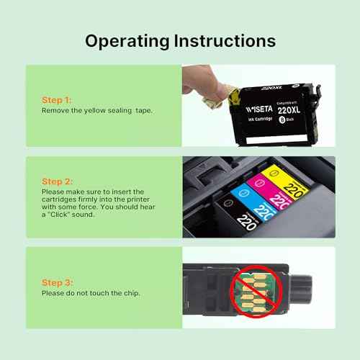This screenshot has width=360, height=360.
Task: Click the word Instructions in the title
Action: click(223, 41)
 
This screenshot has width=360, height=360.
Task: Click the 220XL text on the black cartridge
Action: click(290, 111)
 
